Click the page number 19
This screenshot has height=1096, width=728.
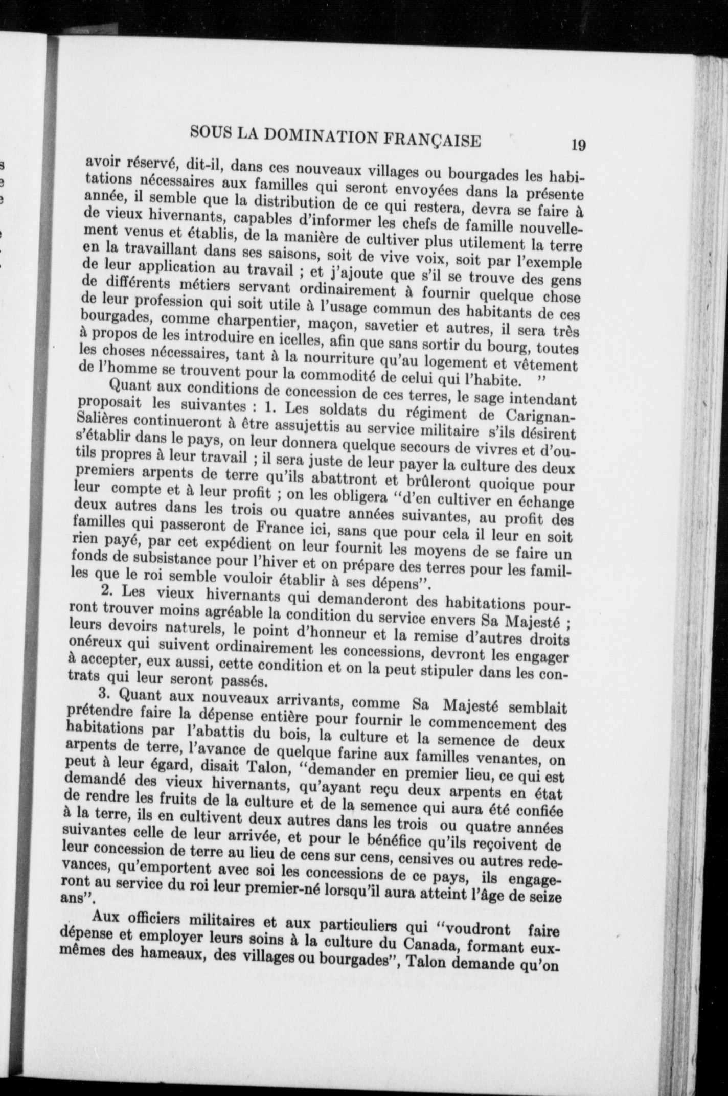[x=578, y=146]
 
